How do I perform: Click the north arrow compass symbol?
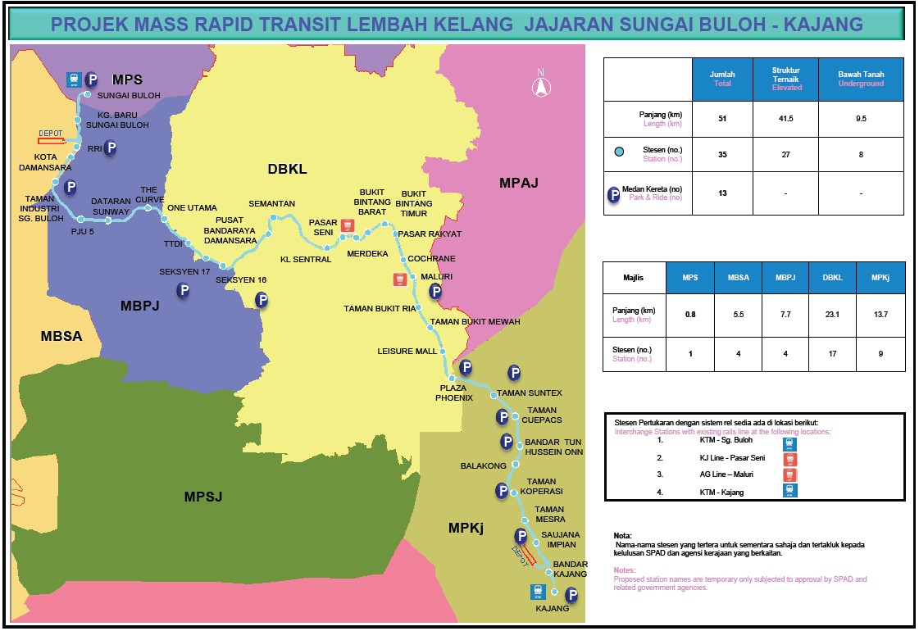(540, 84)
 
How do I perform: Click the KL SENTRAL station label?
(306, 260)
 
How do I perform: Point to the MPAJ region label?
(519, 183)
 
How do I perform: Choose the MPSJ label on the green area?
(203, 497)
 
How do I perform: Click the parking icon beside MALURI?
(436, 290)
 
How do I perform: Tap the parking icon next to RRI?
(109, 148)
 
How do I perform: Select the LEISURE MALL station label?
(407, 351)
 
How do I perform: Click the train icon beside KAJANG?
(538, 592)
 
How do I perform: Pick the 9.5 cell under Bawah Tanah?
(861, 119)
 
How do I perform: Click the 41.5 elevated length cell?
(786, 119)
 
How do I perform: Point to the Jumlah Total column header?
(722, 79)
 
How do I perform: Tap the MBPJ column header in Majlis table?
(785, 278)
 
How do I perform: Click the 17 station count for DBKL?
(831, 354)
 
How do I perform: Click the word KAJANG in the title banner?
(823, 24)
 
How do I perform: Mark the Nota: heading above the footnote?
(623, 535)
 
